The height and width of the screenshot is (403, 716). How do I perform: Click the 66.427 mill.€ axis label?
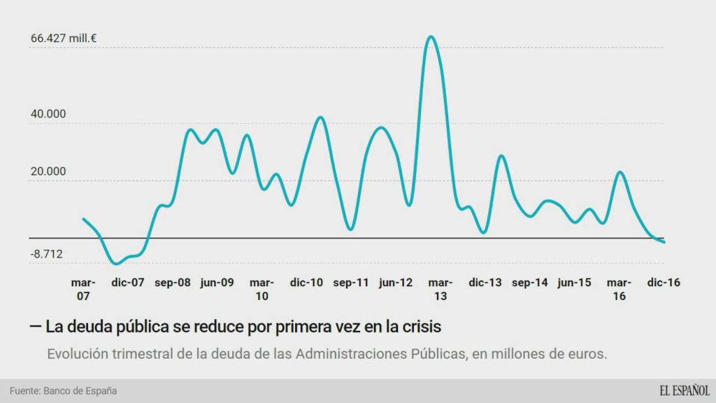63,38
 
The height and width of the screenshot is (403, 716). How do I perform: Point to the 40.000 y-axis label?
48,114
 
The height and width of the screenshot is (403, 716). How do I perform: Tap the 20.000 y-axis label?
48,171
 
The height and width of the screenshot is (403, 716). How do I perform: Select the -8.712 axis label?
47,254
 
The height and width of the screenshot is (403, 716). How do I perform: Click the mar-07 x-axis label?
83,289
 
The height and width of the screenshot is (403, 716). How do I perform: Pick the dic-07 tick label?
127,283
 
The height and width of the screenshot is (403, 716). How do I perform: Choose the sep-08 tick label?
172,283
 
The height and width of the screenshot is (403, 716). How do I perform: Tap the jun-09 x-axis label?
217,283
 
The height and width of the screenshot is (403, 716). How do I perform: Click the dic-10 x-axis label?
306,283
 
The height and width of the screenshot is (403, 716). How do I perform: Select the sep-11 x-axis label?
351,283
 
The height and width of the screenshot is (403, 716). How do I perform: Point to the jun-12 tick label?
396,283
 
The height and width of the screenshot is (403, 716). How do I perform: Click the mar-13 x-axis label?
441,289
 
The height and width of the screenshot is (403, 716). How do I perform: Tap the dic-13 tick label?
485,283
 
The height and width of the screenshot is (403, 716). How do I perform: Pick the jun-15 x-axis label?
574,283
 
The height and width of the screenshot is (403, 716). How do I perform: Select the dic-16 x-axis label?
664,283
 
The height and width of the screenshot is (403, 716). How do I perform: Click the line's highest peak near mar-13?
431,36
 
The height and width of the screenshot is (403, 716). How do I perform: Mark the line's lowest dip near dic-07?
116,263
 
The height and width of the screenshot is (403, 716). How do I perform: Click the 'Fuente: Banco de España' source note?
63,390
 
